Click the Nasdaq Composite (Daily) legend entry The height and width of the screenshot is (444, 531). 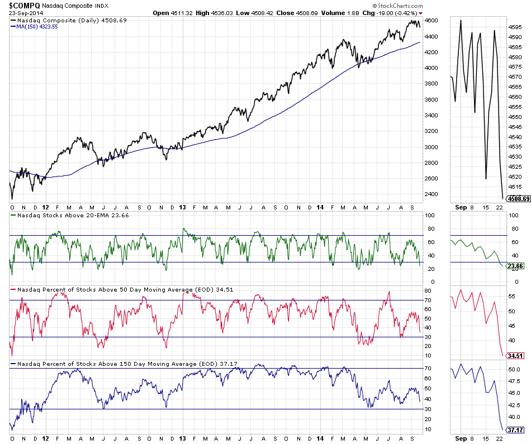69,20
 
